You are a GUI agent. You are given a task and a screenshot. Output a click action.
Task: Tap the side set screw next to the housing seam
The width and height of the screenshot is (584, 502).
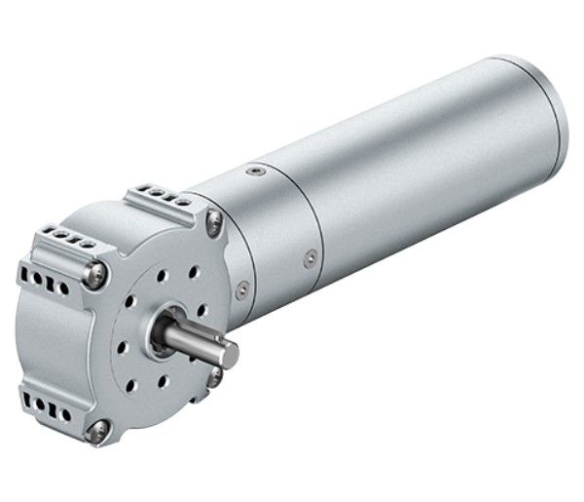310,257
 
